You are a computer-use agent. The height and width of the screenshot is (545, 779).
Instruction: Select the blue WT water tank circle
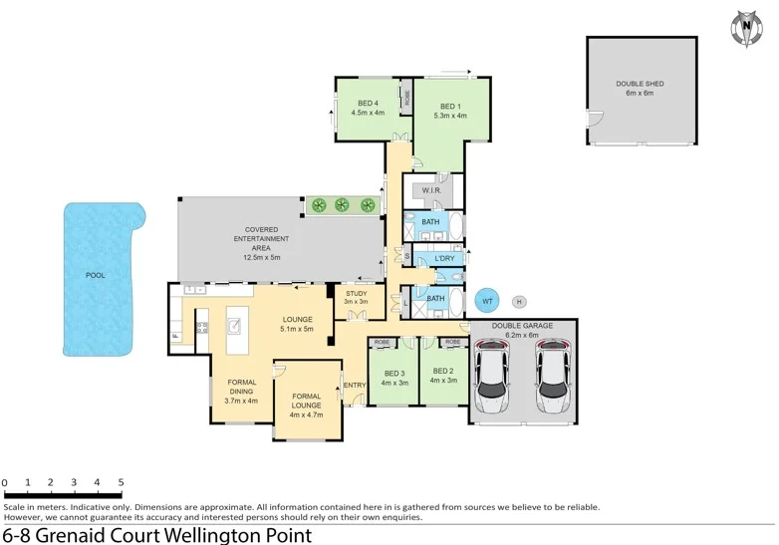point(487,300)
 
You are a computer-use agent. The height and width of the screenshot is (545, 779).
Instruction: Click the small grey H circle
point(519,301)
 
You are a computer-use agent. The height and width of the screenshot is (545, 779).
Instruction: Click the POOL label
point(95,275)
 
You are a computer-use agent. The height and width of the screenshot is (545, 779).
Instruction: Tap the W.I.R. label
point(431,190)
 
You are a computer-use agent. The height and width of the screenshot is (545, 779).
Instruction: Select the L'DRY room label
point(443,259)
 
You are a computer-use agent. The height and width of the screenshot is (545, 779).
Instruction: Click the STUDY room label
point(357,294)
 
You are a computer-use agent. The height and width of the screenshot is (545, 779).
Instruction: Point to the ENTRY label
point(353,386)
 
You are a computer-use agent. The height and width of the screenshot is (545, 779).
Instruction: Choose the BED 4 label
point(368,107)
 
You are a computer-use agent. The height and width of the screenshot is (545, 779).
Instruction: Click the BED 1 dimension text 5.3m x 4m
point(450,117)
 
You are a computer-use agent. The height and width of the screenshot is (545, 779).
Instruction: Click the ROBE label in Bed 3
point(382,342)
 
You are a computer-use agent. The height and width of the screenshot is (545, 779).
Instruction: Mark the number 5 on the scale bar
point(121,482)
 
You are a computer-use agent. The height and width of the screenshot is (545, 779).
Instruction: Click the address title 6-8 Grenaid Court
point(156,534)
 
